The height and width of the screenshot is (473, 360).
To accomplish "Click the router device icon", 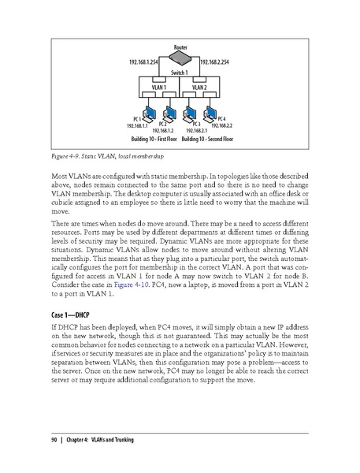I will [180, 59].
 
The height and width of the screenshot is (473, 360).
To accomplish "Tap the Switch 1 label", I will [180, 73].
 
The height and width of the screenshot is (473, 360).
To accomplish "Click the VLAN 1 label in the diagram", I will [158, 87].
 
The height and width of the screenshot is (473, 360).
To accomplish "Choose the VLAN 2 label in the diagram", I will [200, 87].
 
